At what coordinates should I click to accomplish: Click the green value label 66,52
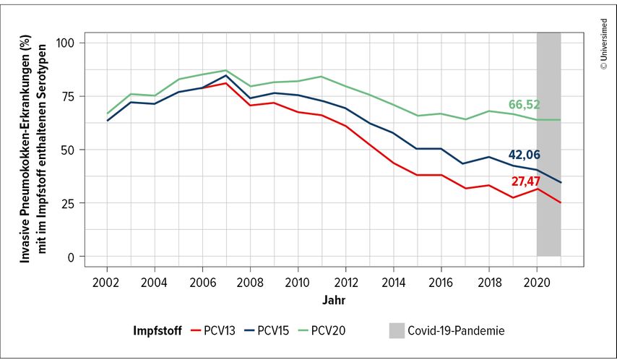[x=524, y=106]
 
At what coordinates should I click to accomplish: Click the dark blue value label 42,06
[x=524, y=155]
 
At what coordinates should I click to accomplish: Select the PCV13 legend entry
[x=214, y=331]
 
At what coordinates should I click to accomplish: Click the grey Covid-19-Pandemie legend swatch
[x=396, y=331]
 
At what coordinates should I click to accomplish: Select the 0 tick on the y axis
[x=72, y=257]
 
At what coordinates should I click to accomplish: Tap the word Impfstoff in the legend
[x=156, y=331]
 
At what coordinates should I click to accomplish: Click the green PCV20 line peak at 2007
[x=225, y=71]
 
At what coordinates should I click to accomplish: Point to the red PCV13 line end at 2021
[x=561, y=202]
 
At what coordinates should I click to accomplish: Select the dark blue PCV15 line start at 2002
[x=107, y=120]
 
